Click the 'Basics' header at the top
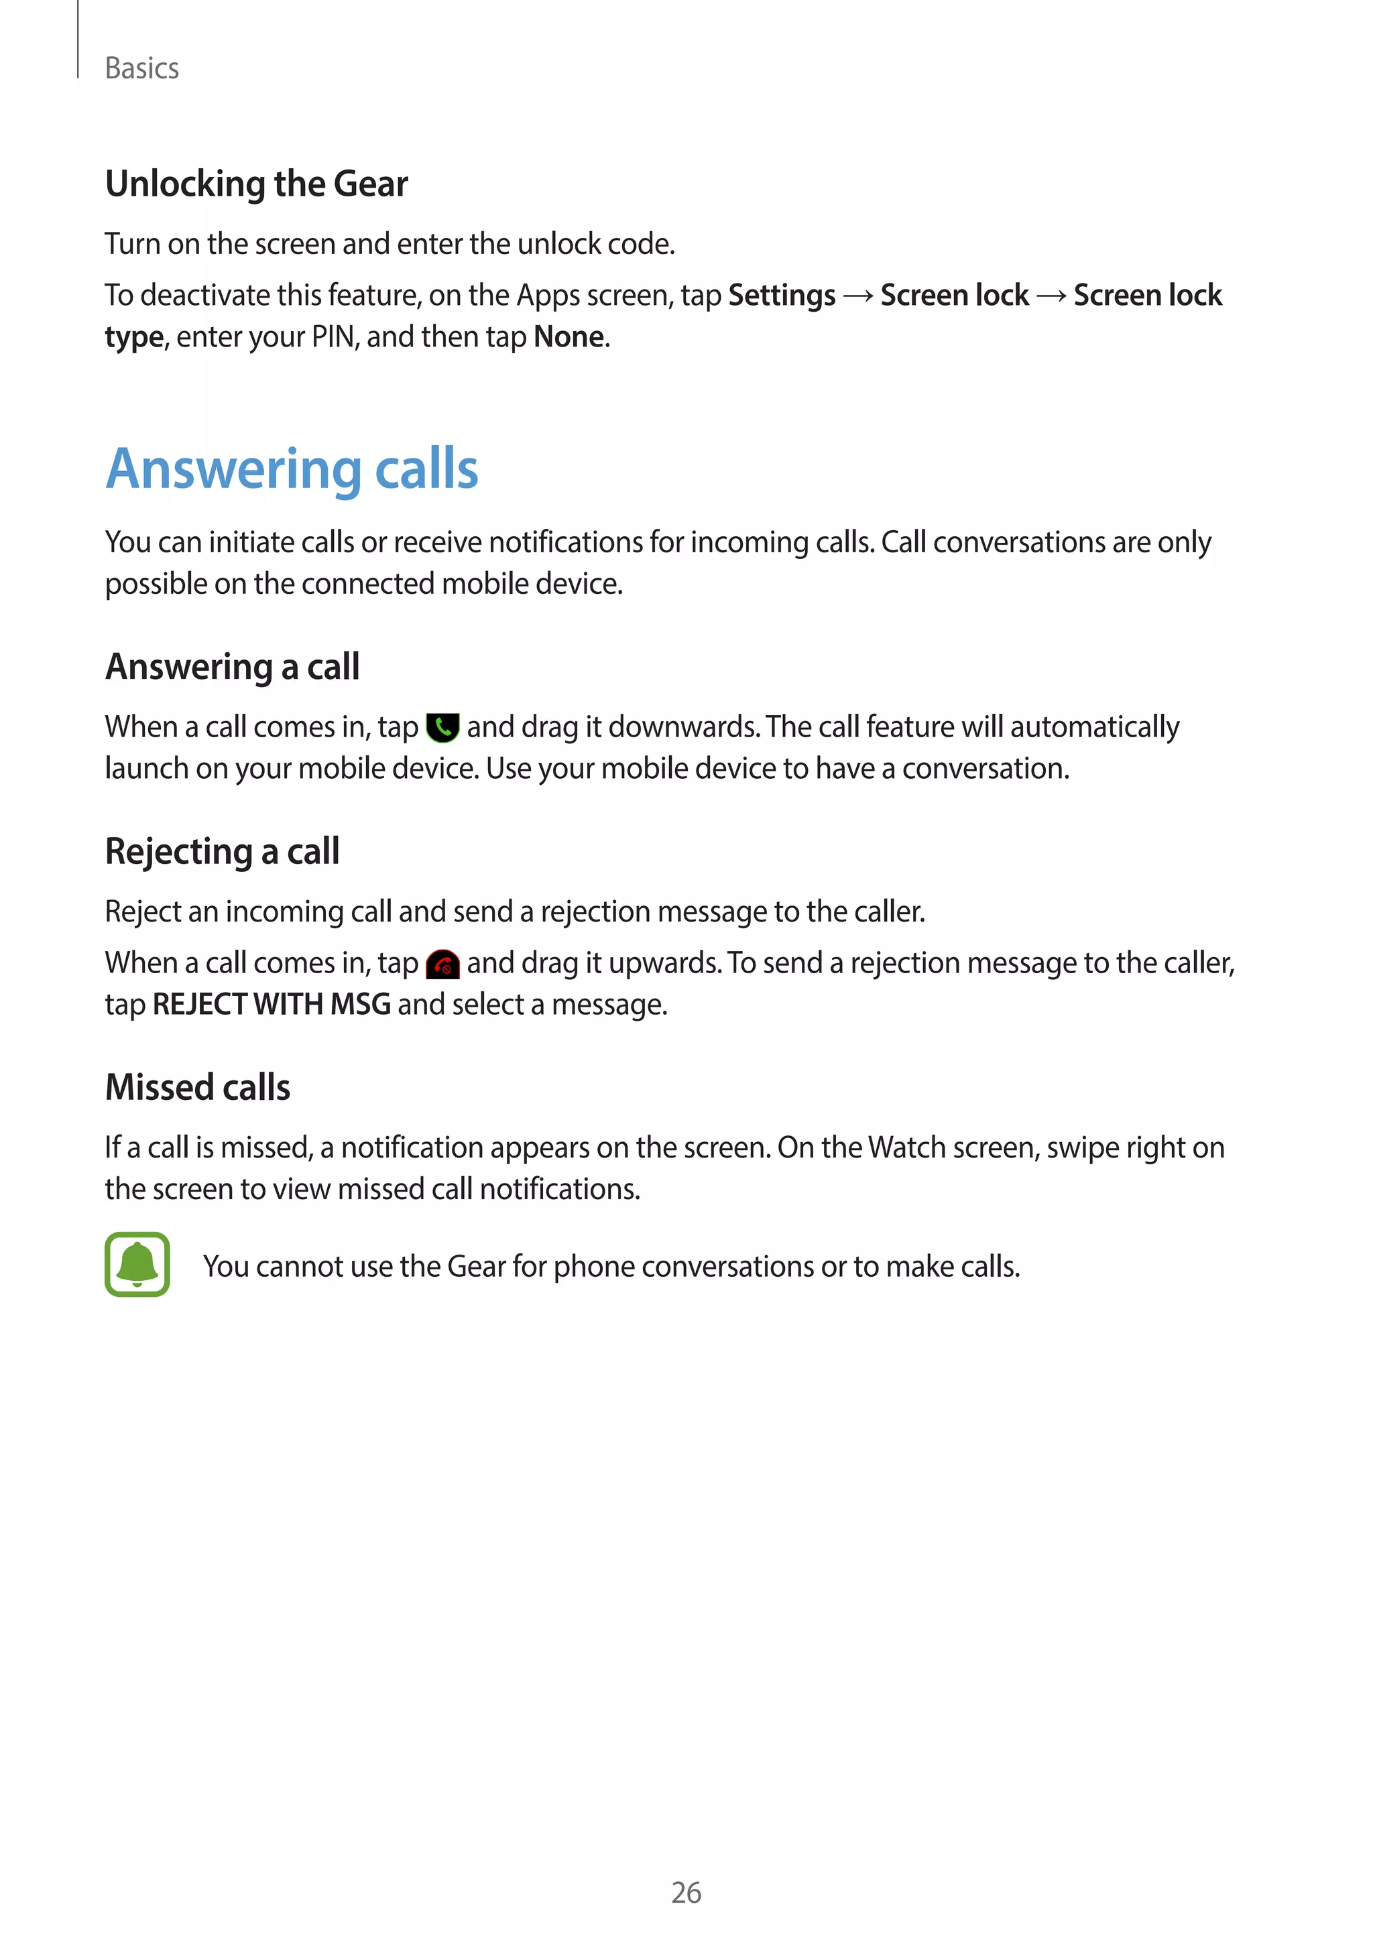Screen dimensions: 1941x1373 point(141,68)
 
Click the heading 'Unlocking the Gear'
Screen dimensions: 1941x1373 point(256,184)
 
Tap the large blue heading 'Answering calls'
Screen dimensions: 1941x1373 point(292,468)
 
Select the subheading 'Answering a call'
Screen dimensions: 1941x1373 point(233,667)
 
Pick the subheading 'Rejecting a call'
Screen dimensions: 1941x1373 point(223,851)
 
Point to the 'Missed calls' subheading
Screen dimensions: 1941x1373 point(198,1087)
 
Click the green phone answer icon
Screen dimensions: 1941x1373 point(442,727)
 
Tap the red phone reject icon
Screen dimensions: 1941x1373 point(442,964)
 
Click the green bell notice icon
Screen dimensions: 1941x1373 point(137,1264)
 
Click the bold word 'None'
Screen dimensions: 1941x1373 point(569,336)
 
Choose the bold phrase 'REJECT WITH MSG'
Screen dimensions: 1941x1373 point(272,1004)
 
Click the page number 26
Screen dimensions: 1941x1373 point(686,1892)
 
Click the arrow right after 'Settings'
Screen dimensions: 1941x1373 point(858,295)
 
